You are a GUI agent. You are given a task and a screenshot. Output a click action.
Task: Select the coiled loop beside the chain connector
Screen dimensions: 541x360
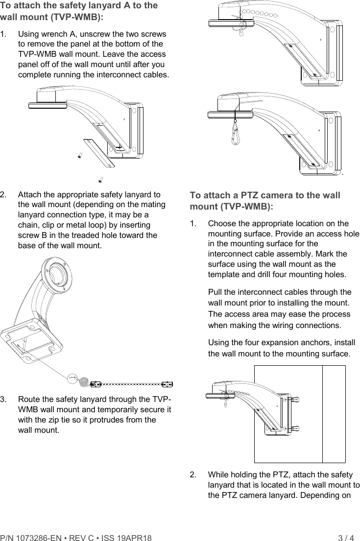[x=84, y=380]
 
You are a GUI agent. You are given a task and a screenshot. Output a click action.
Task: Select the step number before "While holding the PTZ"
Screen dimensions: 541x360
[x=193, y=474]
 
